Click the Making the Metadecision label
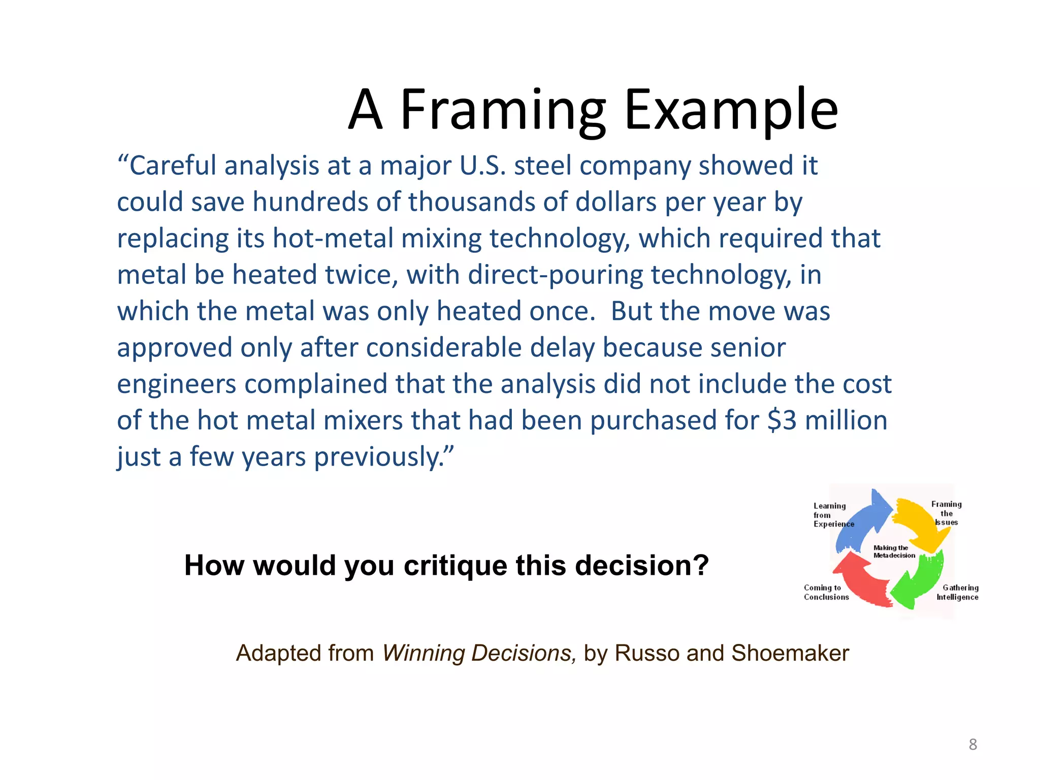[x=893, y=551]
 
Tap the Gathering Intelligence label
[x=957, y=592]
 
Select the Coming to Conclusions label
[x=826, y=592]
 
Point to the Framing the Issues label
[x=946, y=513]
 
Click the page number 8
[x=972, y=744]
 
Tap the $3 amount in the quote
[x=782, y=420]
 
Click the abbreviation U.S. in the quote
[x=483, y=166]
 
